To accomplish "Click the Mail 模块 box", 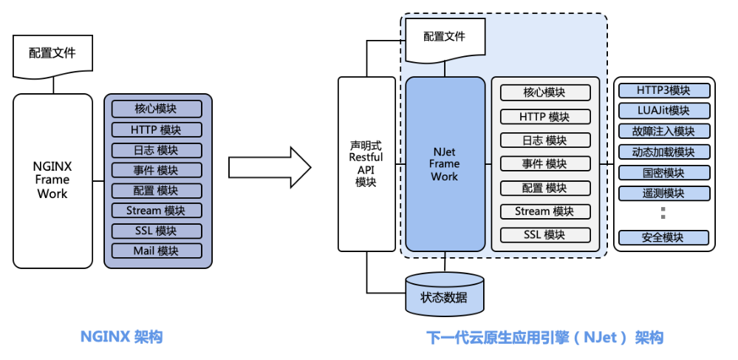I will tap(156, 251).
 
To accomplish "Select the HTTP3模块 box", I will tap(663, 90).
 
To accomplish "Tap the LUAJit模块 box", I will tap(663, 110).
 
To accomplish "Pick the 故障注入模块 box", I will tap(663, 131).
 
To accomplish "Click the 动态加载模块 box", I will tap(663, 152).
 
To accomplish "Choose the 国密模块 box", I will tap(663, 173).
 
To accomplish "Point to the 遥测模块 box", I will tap(663, 193).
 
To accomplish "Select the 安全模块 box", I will tap(663, 237).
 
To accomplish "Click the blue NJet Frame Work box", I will tap(445, 163).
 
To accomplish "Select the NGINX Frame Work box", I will tap(52, 180).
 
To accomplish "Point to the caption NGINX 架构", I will tap(121, 337).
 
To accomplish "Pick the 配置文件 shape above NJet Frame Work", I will tap(445, 37).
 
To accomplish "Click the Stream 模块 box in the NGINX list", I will tap(156, 211).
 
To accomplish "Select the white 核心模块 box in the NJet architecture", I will tap(545, 92).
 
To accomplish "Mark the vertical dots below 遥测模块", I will tap(663, 214).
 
